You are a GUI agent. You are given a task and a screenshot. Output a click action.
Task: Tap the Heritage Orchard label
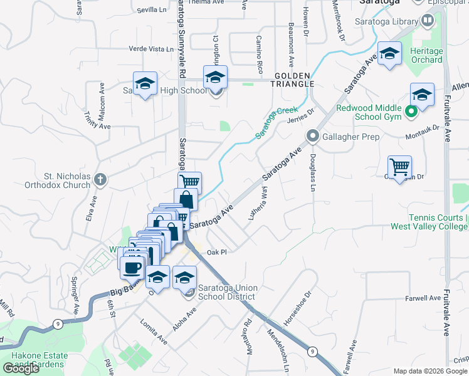coord(426,56)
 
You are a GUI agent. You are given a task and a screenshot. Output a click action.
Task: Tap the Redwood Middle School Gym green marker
coord(411,113)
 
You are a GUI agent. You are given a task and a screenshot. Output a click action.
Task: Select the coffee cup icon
coord(132,268)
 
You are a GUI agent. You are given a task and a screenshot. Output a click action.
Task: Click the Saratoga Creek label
coord(277,123)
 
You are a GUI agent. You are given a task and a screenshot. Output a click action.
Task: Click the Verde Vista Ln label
coord(150,48)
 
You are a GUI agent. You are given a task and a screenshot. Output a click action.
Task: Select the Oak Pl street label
coord(215,252)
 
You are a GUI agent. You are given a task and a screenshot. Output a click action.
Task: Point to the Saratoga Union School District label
coord(227,292)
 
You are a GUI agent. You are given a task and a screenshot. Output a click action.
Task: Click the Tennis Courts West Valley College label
coord(429,222)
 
